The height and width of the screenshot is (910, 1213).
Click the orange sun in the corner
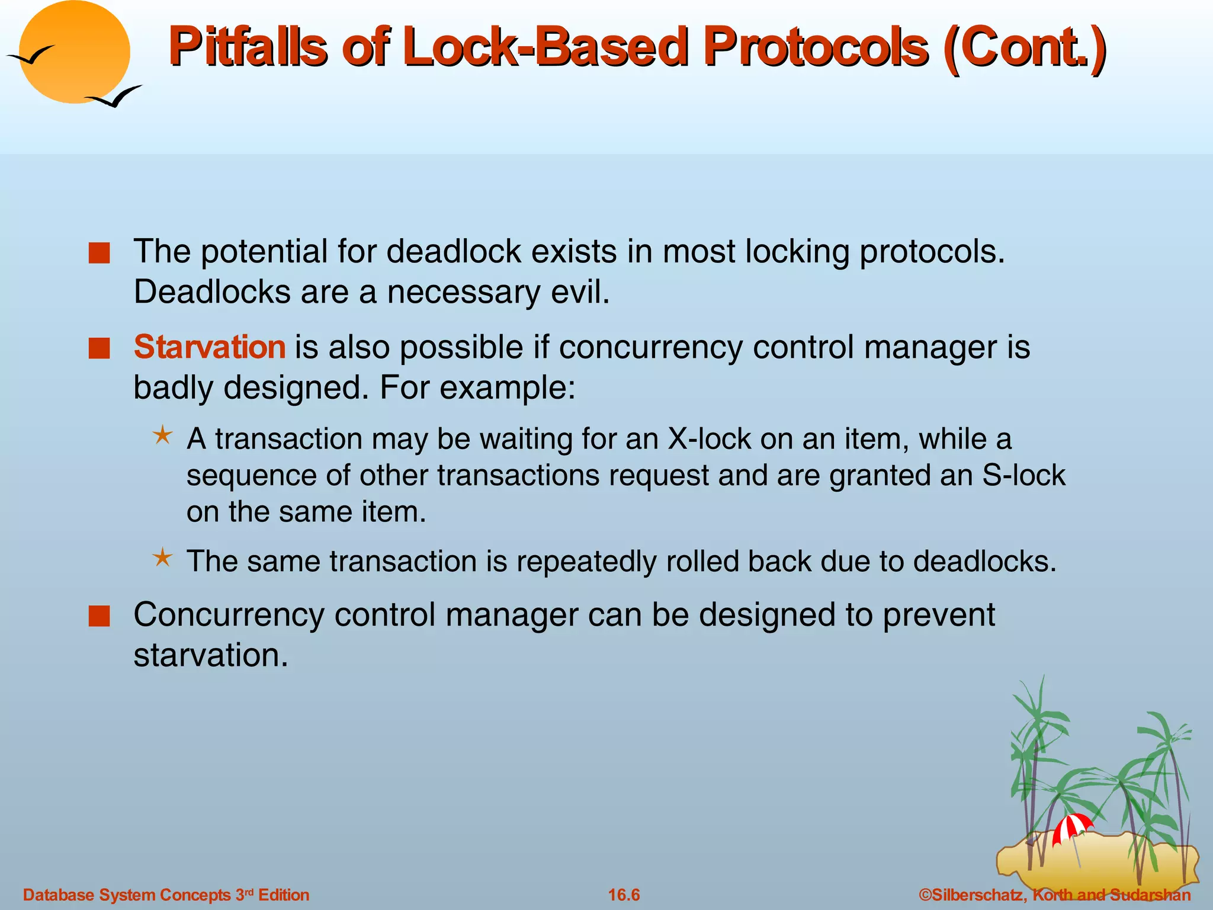click(x=74, y=52)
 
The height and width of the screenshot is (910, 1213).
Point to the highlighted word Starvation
click(x=210, y=347)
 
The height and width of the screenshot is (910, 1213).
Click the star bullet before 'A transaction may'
click(x=162, y=436)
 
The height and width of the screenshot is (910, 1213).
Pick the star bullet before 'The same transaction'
click(x=162, y=558)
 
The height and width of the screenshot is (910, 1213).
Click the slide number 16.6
click(x=624, y=895)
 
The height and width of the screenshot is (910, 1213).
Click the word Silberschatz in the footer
click(x=977, y=895)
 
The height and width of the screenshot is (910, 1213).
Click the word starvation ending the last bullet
click(x=210, y=656)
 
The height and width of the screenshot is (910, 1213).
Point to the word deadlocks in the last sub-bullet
click(x=983, y=562)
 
